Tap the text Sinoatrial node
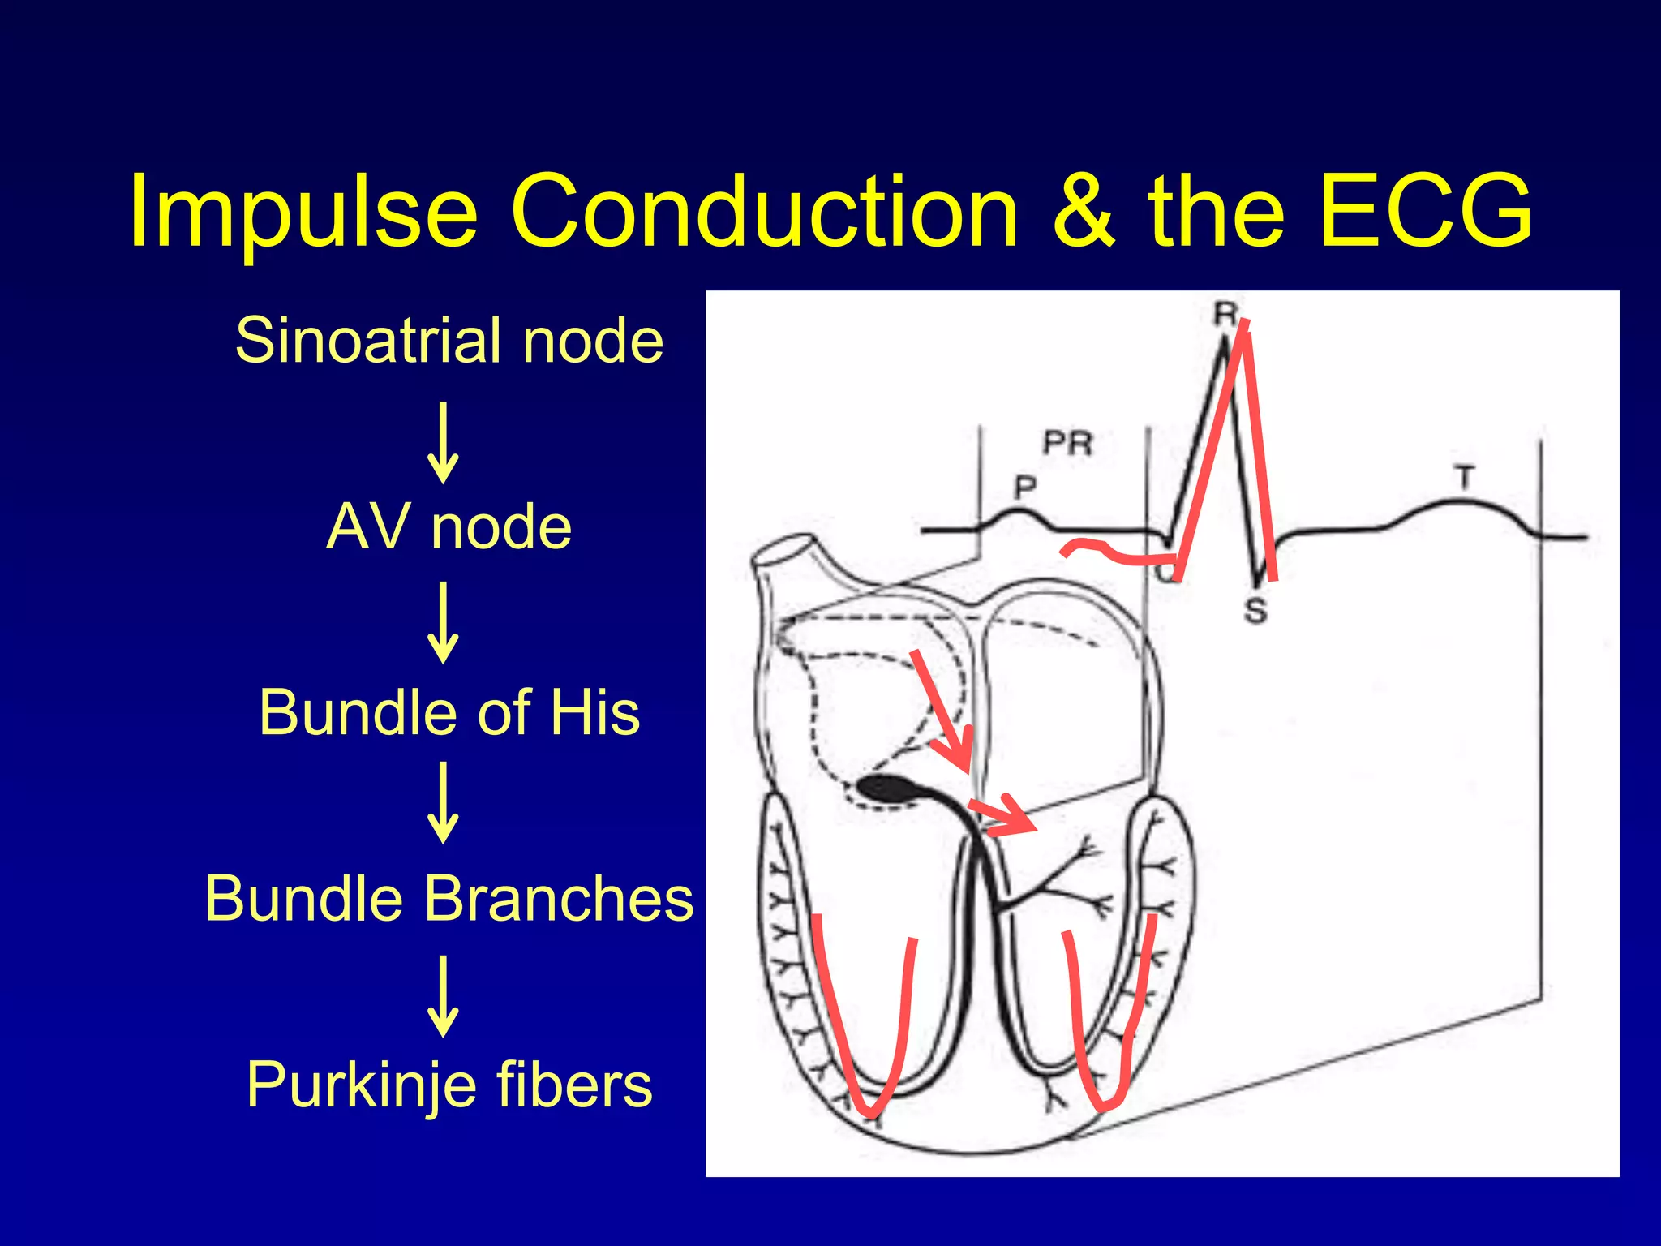[x=449, y=340]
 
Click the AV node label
[x=449, y=526]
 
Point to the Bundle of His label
[x=449, y=712]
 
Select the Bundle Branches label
[x=449, y=898]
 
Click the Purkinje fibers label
[x=449, y=1085]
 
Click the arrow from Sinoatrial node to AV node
[x=443, y=443]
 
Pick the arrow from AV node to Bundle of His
[x=443, y=623]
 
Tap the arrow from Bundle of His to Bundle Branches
[x=443, y=803]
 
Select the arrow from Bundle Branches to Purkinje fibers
[x=443, y=996]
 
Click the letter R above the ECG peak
[x=1225, y=313]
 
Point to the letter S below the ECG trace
[x=1255, y=610]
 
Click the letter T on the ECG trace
[x=1464, y=477]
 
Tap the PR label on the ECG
[x=1068, y=443]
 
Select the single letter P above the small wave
[x=1026, y=487]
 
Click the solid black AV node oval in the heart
[x=886, y=788]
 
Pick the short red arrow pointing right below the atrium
[x=1003, y=815]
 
